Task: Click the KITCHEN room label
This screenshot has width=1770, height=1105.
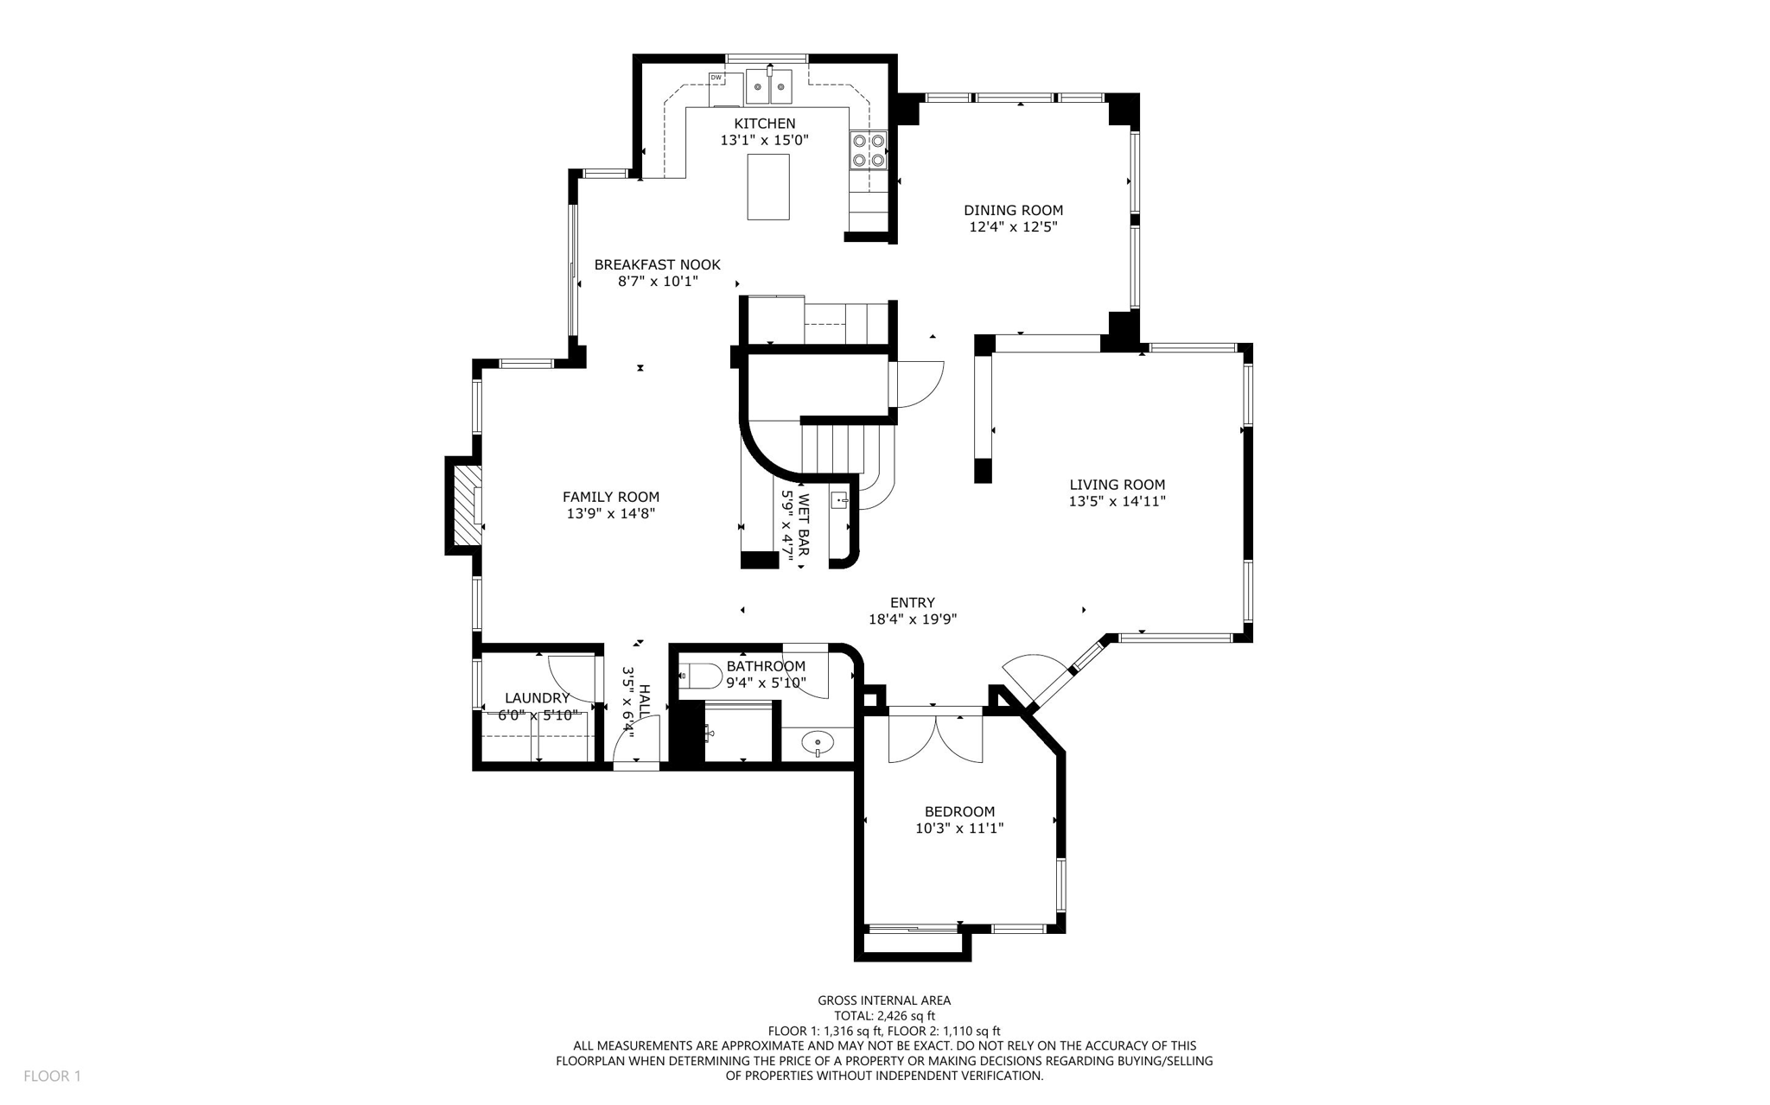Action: pos(764,124)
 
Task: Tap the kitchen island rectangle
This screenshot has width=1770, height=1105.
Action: pos(767,187)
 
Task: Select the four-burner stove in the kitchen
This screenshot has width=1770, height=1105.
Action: pos(868,149)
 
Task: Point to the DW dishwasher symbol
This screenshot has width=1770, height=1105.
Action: pos(716,78)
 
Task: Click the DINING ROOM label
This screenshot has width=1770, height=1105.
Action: pos(1013,210)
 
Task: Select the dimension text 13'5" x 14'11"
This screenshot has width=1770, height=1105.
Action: pos(1117,501)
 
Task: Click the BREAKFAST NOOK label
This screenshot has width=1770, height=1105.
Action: pos(657,265)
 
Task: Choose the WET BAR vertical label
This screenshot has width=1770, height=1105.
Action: pos(804,524)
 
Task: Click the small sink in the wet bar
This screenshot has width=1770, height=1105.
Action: pos(839,500)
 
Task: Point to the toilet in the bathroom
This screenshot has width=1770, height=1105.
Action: pos(701,676)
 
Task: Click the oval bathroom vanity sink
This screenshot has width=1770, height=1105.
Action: pos(817,742)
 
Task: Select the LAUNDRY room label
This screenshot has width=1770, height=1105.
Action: pos(537,698)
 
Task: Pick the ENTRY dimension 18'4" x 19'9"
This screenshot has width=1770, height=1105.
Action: pos(912,619)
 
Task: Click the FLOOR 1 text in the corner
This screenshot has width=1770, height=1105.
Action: pos(52,1076)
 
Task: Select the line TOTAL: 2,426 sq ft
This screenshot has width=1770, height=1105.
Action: pos(883,1016)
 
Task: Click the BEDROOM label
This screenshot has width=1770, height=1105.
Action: pos(959,811)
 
